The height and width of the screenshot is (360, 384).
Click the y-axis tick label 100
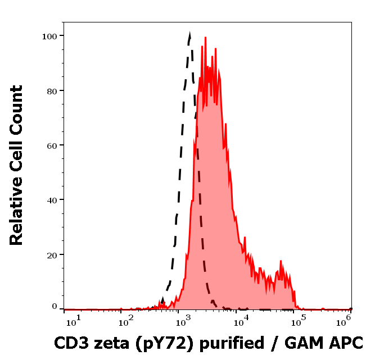pos(49,36)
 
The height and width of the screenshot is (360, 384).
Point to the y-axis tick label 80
pos(52,90)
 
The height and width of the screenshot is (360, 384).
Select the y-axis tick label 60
pos(52,145)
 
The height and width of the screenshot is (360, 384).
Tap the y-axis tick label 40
pos(52,200)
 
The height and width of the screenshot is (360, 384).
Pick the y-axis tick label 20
pos(52,254)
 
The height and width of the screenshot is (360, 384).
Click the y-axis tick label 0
pos(55,307)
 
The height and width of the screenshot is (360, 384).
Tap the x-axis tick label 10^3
pos(184,320)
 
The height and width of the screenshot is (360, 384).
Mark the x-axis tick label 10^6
pos(345,319)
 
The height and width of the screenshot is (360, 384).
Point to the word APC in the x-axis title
pos(345,343)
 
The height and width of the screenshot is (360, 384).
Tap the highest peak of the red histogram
pos(206,38)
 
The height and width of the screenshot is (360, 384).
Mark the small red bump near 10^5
pos(281,262)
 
